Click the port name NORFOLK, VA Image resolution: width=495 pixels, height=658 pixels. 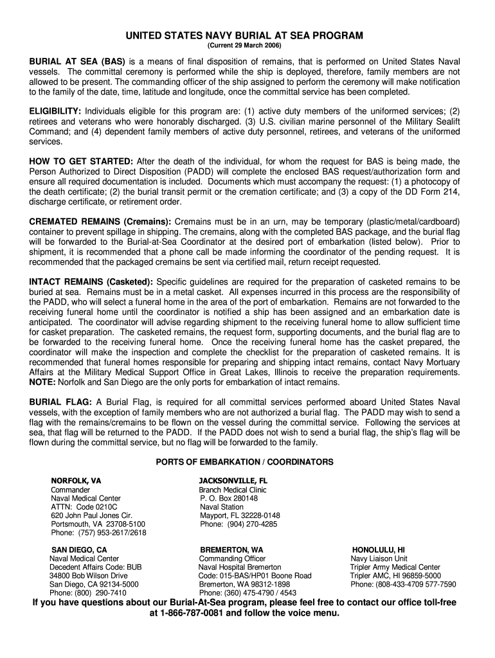[x=76, y=481]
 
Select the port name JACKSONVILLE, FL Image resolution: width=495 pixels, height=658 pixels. [x=233, y=481]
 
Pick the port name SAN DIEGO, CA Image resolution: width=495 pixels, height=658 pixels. [x=79, y=550]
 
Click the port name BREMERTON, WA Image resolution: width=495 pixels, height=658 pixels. [x=231, y=550]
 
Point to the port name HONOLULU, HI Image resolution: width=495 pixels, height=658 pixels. [x=378, y=550]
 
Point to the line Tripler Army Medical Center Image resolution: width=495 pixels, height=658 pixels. [x=395, y=567]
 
